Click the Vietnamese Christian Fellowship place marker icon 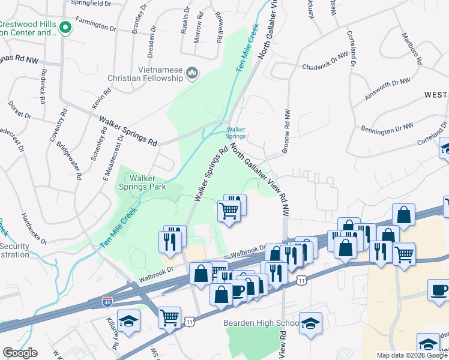click(193, 73)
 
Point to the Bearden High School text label click(261, 323)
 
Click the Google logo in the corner click(20, 353)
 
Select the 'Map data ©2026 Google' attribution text click(412, 355)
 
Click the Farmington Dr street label click(95, 26)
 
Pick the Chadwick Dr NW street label click(325, 62)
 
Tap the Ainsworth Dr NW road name click(388, 89)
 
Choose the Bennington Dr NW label click(387, 127)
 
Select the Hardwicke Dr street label click(34, 229)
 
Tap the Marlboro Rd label click(412, 50)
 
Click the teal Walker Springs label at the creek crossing click(236, 133)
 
